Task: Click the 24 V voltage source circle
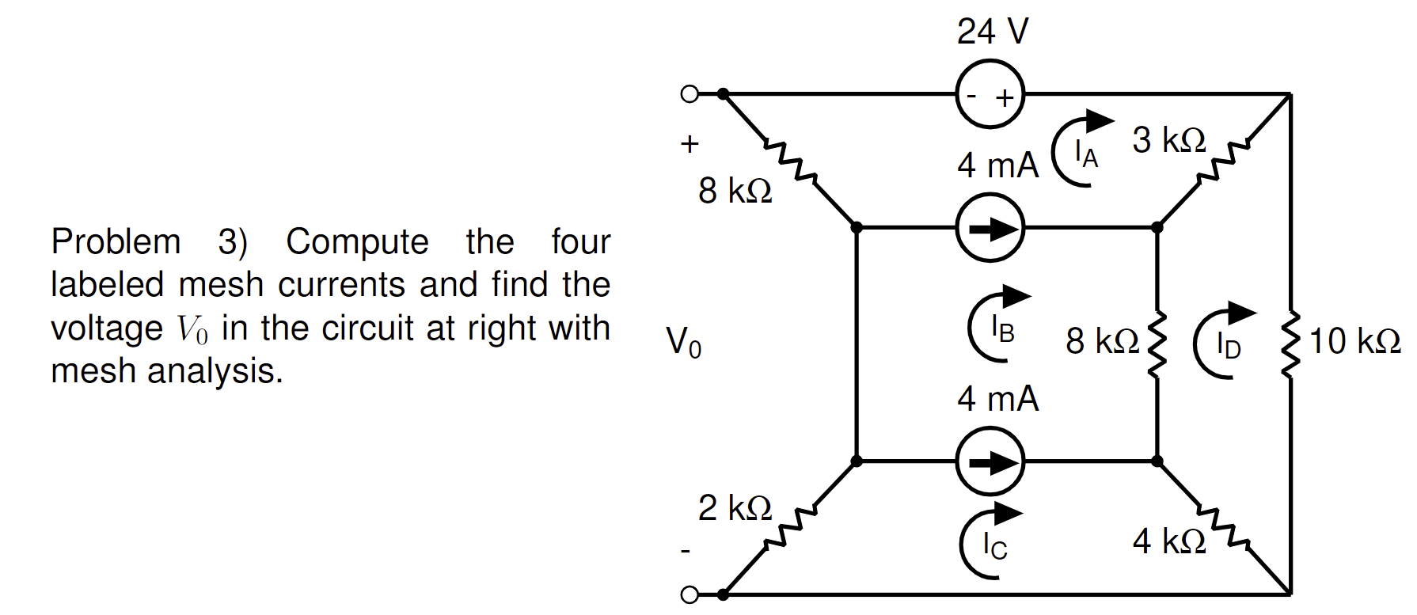990,94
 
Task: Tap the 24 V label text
992,32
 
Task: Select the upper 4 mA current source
990,228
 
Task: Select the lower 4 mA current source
990,461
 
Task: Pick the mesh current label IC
994,545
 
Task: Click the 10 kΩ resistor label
1354,341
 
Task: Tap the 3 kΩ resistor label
1168,140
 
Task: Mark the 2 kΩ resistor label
735,508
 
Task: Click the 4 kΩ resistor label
1168,541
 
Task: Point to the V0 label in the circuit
683,342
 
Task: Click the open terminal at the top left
690,94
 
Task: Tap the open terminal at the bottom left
690,594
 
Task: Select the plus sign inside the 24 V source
1005,98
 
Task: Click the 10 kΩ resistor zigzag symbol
1291,344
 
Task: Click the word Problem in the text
116,241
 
